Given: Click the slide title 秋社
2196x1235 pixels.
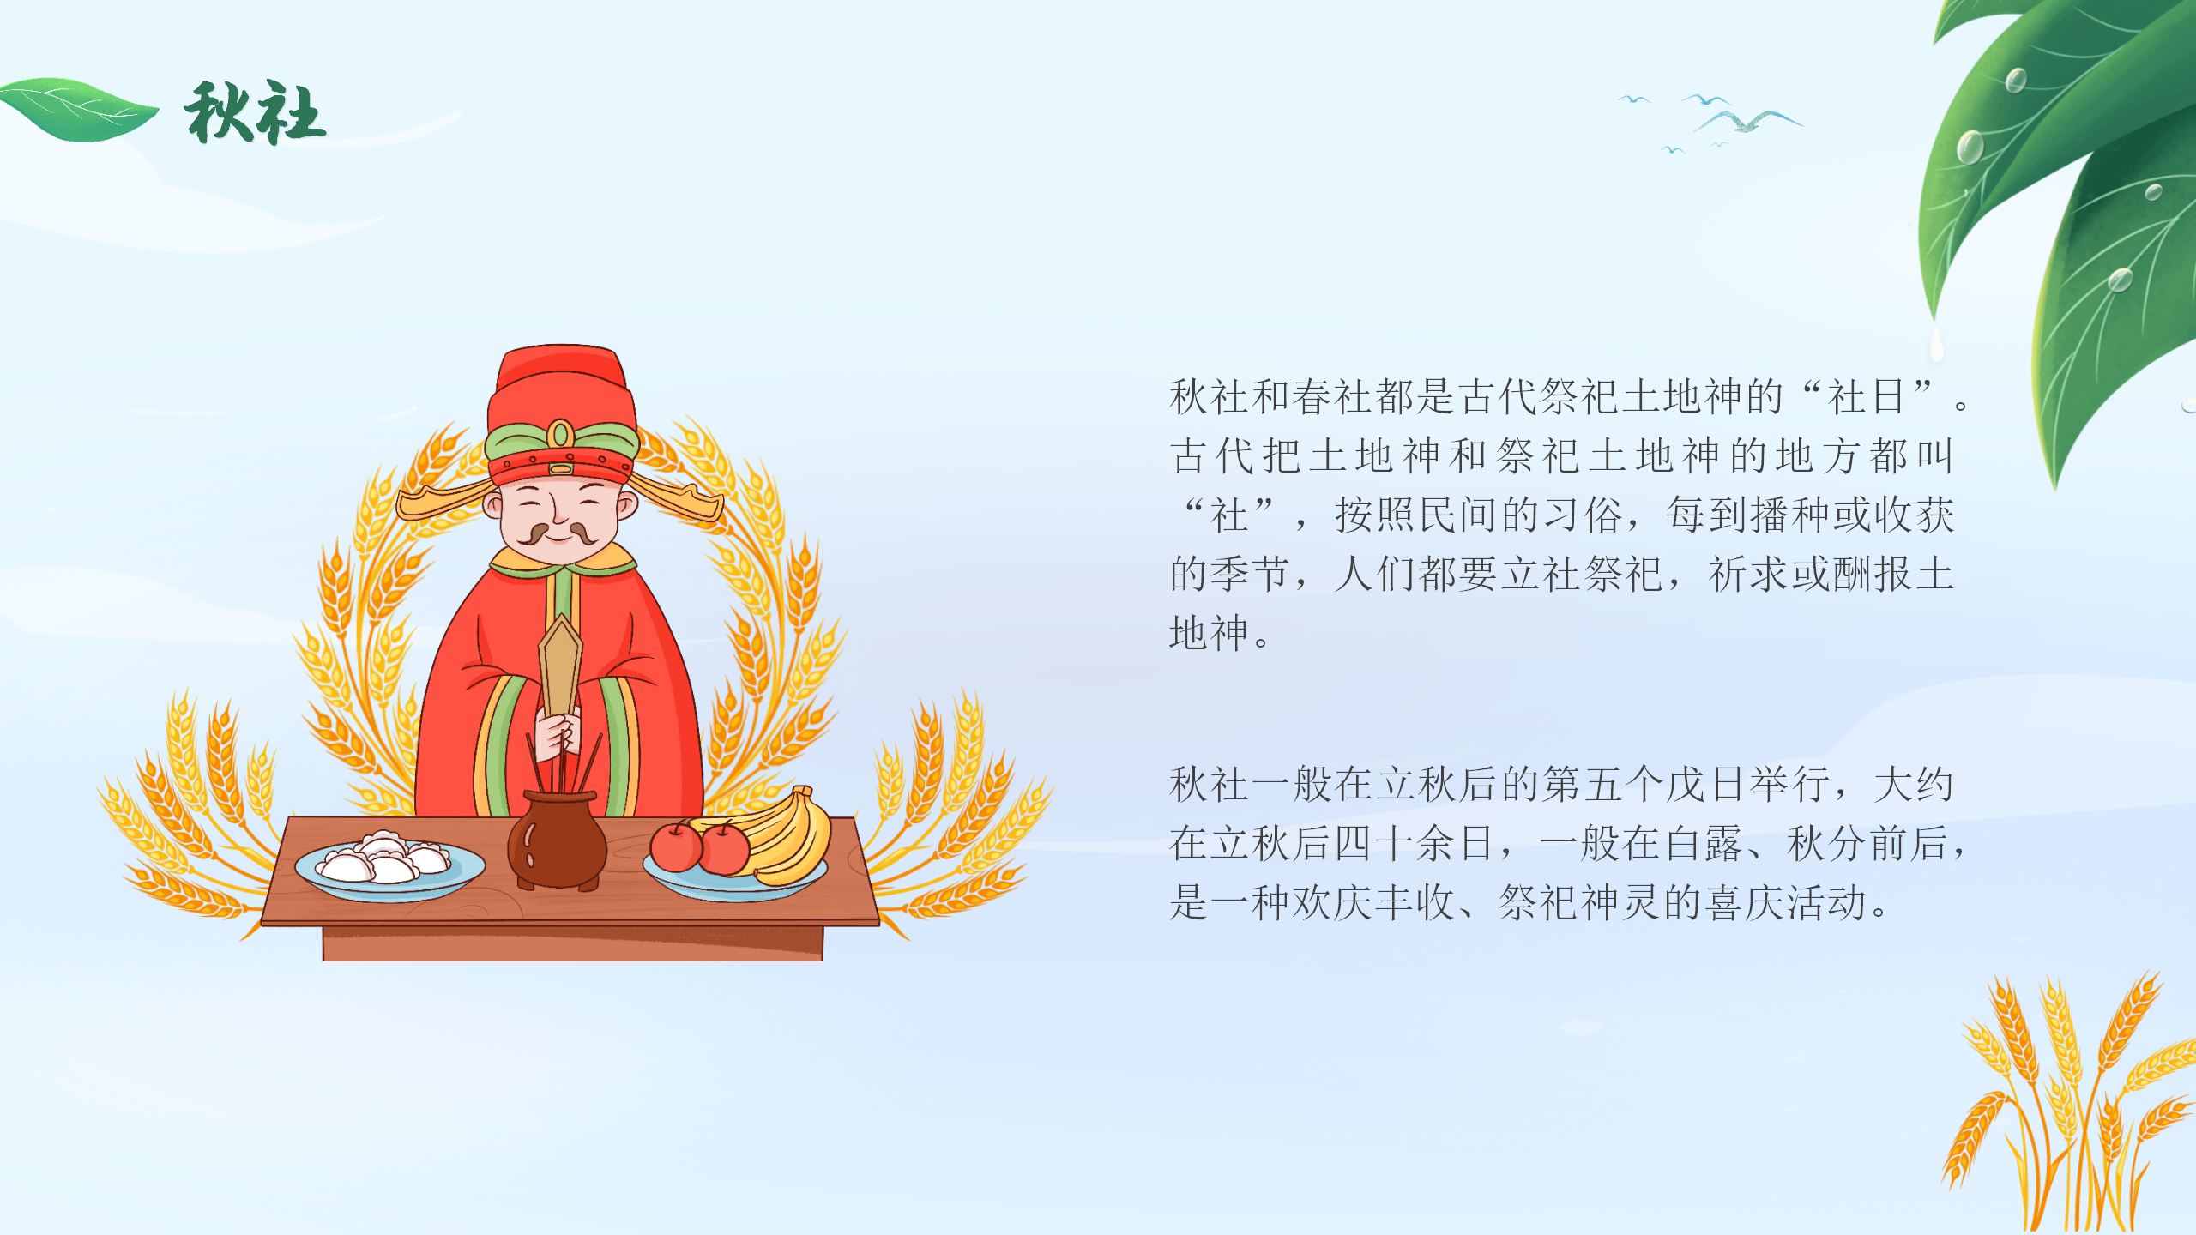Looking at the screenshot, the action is (x=255, y=112).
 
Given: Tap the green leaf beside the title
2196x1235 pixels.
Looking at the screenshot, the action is (x=79, y=109).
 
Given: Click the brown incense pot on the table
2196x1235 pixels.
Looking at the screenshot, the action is (x=557, y=840).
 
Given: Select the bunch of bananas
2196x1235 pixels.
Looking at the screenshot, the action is (x=776, y=836).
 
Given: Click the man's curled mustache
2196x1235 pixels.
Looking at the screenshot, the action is (x=557, y=534).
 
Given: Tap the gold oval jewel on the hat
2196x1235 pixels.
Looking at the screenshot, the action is (x=560, y=433).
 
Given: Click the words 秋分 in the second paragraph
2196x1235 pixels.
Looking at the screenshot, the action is (x=1827, y=844).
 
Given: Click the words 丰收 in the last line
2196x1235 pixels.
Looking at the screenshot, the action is (x=1415, y=903).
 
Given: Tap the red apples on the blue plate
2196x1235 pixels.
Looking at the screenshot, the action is (x=700, y=846).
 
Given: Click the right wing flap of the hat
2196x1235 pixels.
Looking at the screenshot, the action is (x=678, y=498).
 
